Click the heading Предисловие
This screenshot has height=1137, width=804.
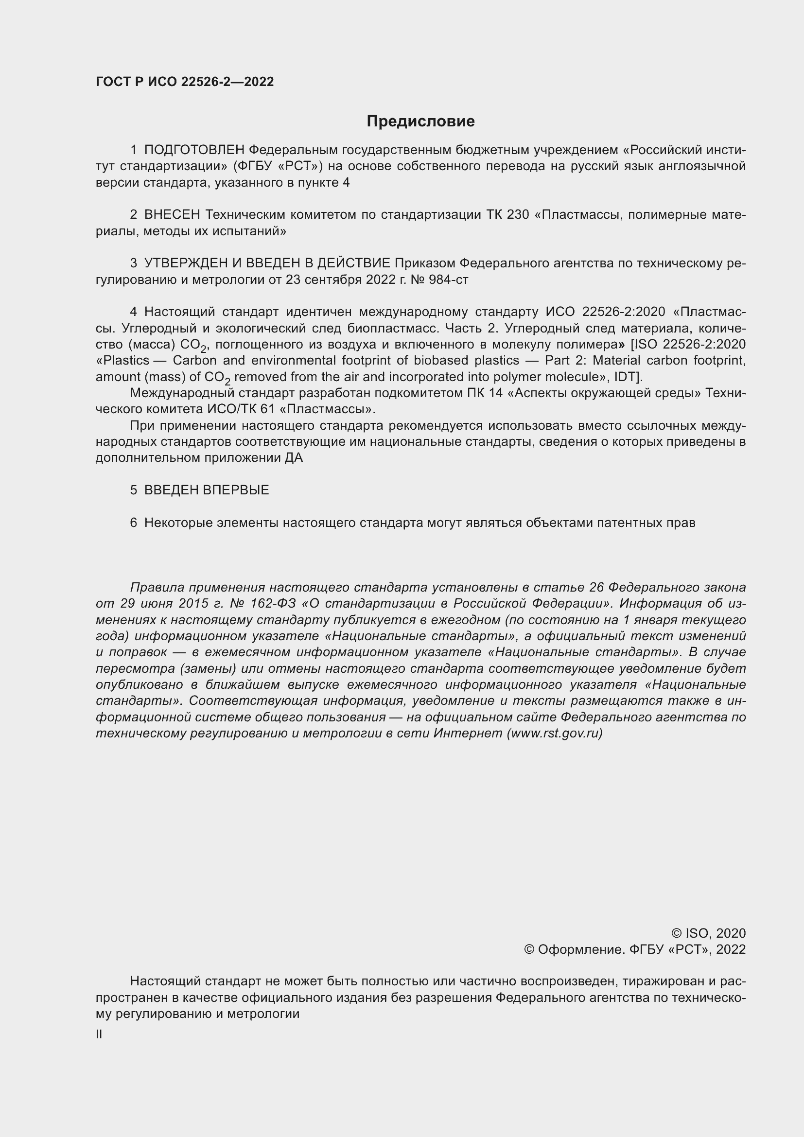tap(420, 122)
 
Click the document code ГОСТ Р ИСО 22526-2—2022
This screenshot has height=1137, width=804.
tap(185, 82)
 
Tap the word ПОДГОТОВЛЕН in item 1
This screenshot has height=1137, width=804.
tap(194, 150)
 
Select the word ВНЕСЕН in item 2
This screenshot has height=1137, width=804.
tap(172, 214)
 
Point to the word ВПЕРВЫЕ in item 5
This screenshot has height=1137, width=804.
tap(236, 490)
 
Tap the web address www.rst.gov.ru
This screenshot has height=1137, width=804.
tap(555, 733)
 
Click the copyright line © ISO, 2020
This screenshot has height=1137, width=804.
tap(708, 933)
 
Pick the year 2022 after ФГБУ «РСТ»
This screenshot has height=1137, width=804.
tap(731, 949)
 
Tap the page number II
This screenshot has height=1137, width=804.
tap(99, 1034)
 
